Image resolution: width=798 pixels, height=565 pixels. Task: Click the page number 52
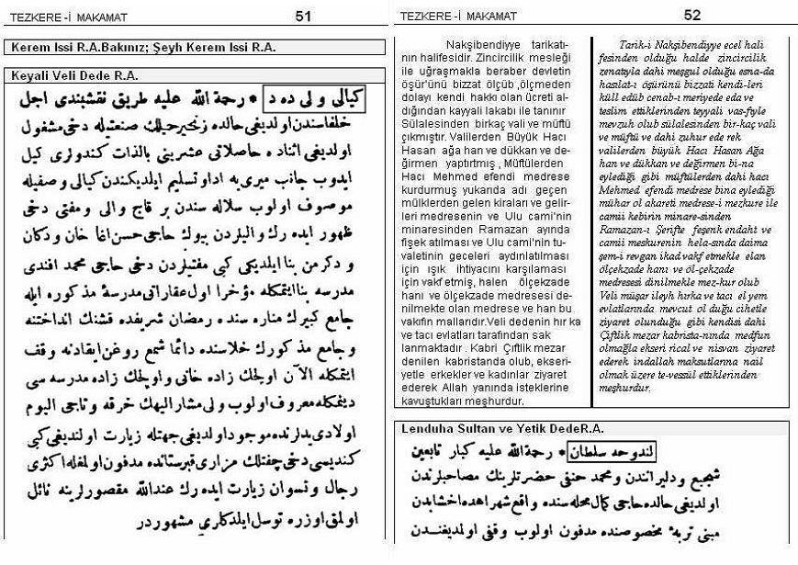coord(692,15)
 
